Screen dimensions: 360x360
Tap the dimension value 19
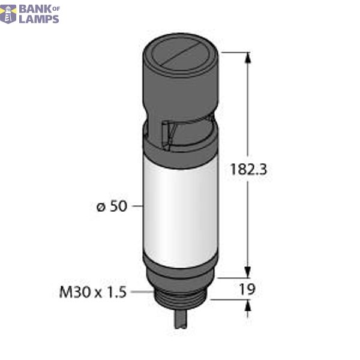pos(247,289)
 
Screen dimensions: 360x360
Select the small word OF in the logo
pos(53,7)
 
